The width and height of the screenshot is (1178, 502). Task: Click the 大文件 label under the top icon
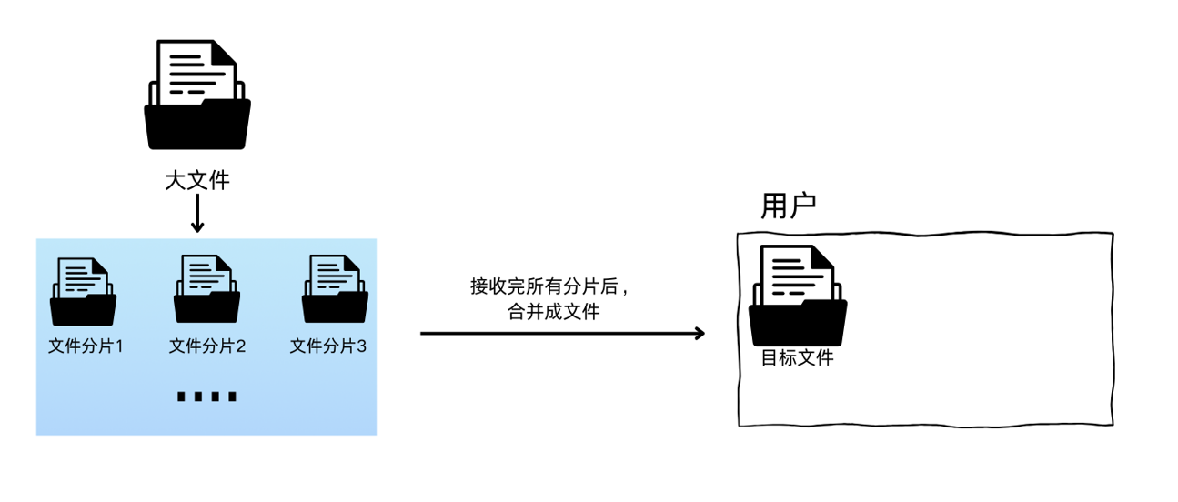[196, 180]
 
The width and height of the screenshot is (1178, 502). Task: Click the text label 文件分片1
[85, 346]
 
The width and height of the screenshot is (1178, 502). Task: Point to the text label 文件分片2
[207, 346]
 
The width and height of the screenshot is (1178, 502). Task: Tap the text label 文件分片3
[328, 346]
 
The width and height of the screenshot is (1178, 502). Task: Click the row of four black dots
[206, 397]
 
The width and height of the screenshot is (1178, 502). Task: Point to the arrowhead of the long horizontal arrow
[699, 334]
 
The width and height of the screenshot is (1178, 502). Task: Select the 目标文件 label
[797, 358]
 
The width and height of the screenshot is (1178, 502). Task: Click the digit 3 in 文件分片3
[361, 346]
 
